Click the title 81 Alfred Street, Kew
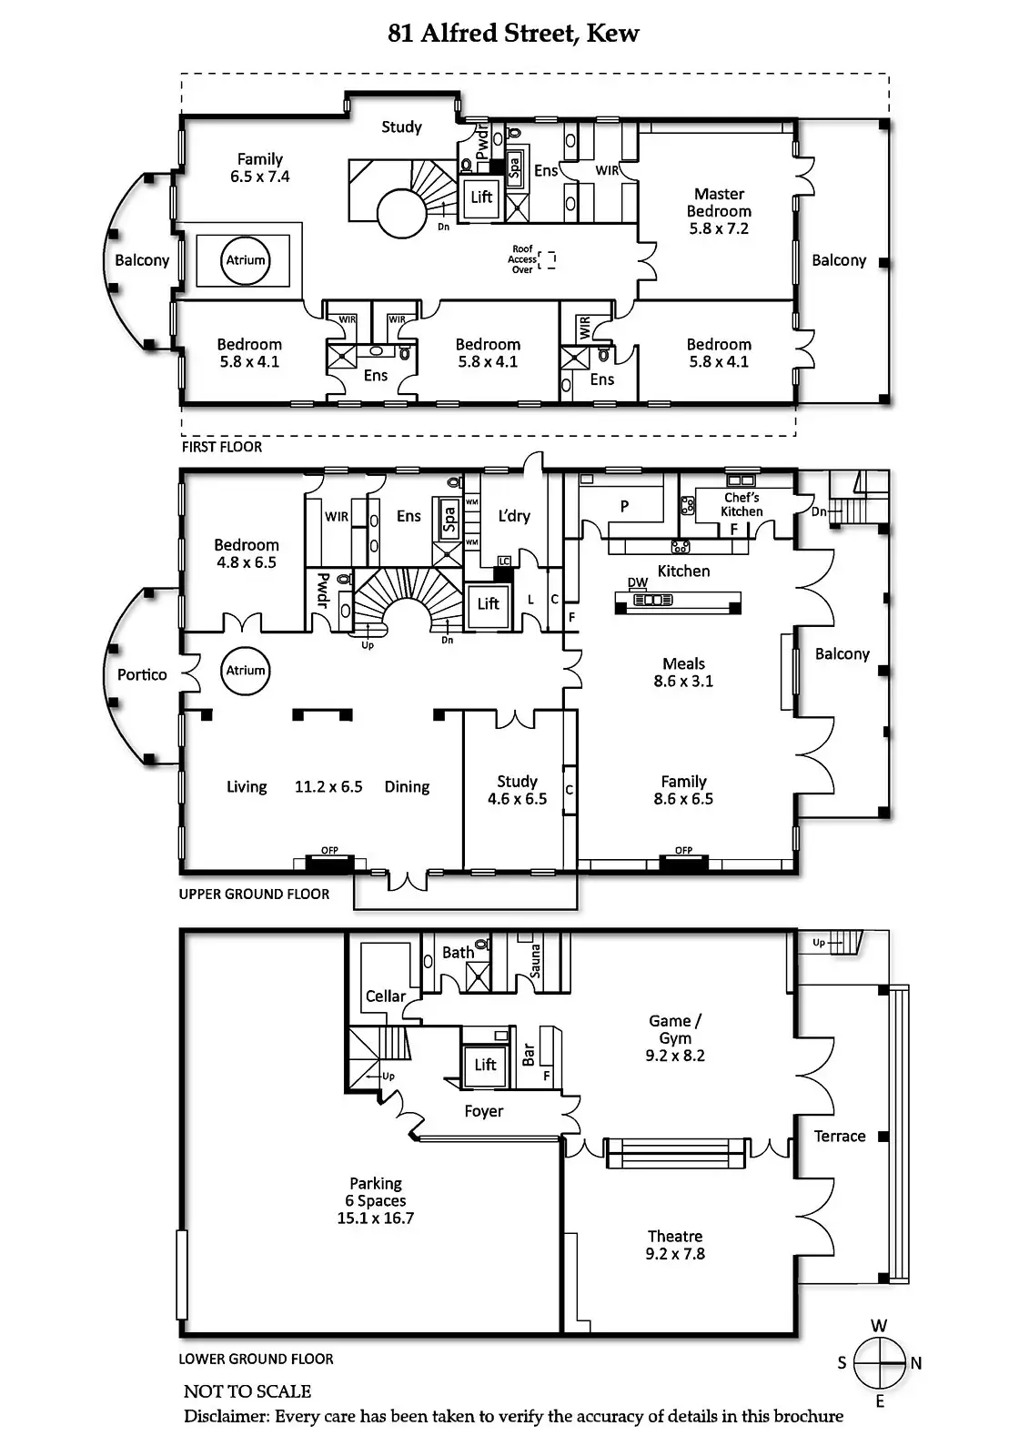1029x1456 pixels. click(x=513, y=34)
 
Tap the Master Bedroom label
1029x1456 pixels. click(x=719, y=210)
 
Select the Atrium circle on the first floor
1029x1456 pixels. click(x=246, y=260)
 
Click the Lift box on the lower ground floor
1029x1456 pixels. click(x=486, y=1065)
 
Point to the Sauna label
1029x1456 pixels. click(x=535, y=960)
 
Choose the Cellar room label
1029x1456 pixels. click(x=385, y=996)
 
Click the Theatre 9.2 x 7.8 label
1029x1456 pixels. click(x=675, y=1245)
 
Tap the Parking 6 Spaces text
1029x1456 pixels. click(x=375, y=1200)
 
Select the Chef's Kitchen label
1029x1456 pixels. click(x=741, y=504)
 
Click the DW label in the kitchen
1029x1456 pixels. click(x=638, y=582)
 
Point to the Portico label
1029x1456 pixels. click(x=142, y=674)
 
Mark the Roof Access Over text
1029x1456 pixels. click(x=522, y=259)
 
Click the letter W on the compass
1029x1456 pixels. click(x=879, y=1326)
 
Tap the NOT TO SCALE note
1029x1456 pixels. click(x=247, y=1391)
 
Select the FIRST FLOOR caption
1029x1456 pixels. click(x=222, y=447)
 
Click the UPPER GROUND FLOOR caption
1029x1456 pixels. click(x=254, y=894)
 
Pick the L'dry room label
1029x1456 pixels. click(x=514, y=516)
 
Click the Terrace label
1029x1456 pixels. click(x=840, y=1136)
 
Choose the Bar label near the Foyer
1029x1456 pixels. click(x=529, y=1056)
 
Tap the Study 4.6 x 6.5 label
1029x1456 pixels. click(x=517, y=790)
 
